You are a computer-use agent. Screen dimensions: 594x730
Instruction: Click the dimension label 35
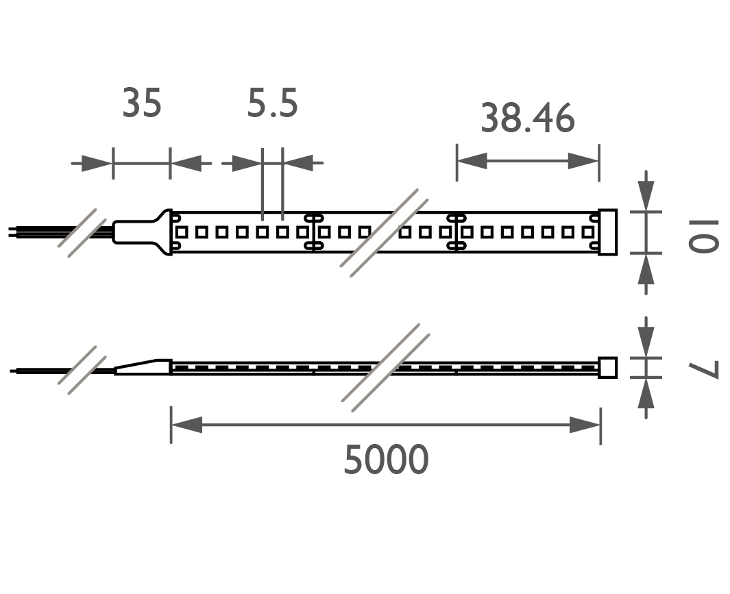pyautogui.click(x=142, y=104)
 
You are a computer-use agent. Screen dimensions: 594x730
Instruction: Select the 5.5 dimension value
pyautogui.click(x=272, y=104)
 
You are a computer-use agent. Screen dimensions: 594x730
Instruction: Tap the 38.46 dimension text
pyautogui.click(x=527, y=118)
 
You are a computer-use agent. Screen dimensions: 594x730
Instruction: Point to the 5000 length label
pyautogui.click(x=386, y=460)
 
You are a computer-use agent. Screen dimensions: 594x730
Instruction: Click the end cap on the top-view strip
pyautogui.click(x=607, y=232)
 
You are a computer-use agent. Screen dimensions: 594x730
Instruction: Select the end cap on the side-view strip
pyautogui.click(x=607, y=367)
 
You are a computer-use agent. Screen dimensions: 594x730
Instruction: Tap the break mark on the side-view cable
pyautogui.click(x=82, y=370)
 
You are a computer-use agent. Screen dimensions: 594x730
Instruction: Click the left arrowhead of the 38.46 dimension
pyautogui.click(x=472, y=162)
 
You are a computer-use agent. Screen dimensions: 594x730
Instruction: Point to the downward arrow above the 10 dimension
pyautogui.click(x=646, y=193)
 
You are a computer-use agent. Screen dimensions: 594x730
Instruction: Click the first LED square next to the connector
pyautogui.click(x=182, y=232)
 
